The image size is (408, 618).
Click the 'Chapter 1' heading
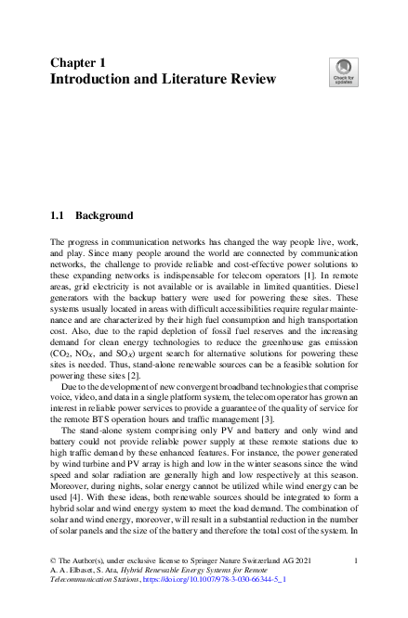(x=78, y=62)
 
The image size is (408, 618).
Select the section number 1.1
(x=58, y=215)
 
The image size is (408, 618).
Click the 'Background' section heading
(x=104, y=215)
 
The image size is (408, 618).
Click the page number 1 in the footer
(x=358, y=560)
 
